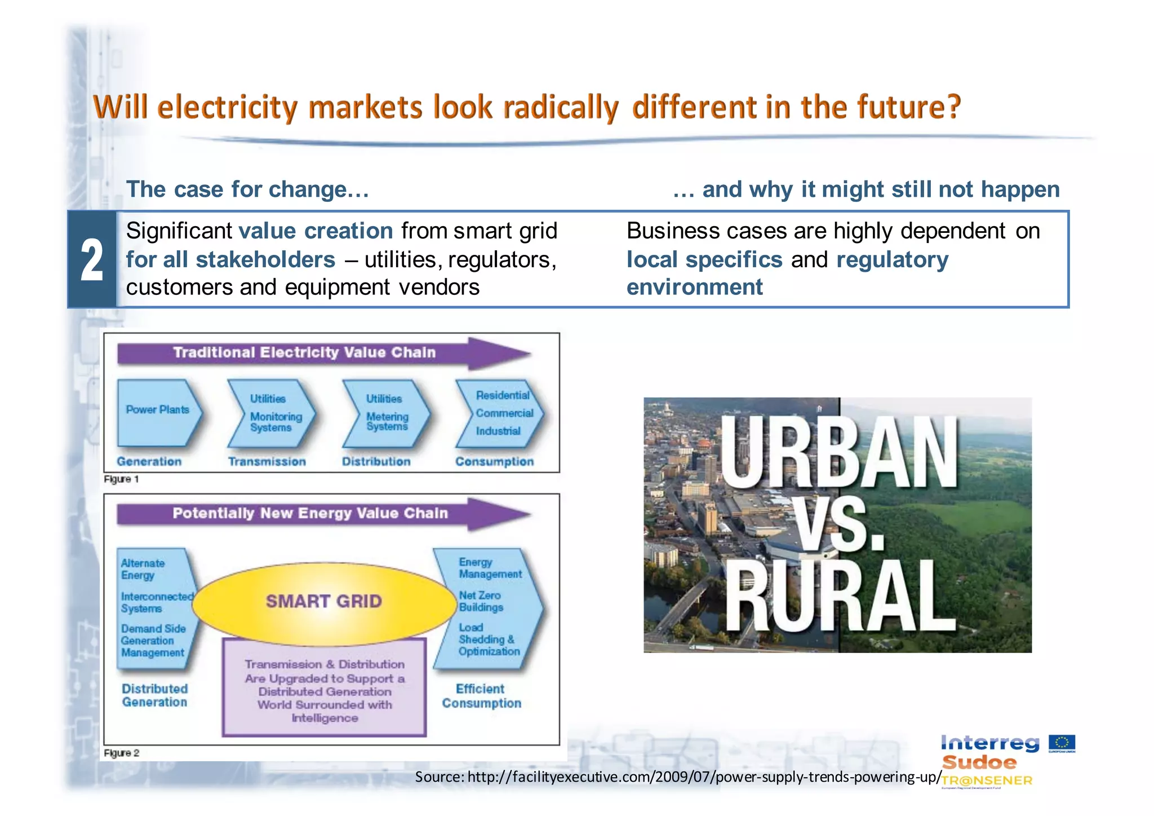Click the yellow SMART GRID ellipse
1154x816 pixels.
pyautogui.click(x=324, y=602)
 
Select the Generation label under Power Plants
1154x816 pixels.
pyautogui.click(x=149, y=461)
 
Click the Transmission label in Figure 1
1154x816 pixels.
pyautogui.click(x=267, y=461)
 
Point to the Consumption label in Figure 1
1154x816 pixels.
pyautogui.click(x=494, y=461)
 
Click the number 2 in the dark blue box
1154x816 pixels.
pyautogui.click(x=92, y=260)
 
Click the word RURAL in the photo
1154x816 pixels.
pyautogui.click(x=840, y=597)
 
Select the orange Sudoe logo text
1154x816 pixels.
pyautogui.click(x=979, y=763)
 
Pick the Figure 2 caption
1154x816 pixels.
pyautogui.click(x=121, y=753)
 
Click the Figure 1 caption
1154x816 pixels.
pyautogui.click(x=121, y=479)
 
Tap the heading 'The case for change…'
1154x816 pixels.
pyautogui.click(x=247, y=189)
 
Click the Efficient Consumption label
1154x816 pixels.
pyautogui.click(x=481, y=696)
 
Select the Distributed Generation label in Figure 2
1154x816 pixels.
pyautogui.click(x=154, y=695)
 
